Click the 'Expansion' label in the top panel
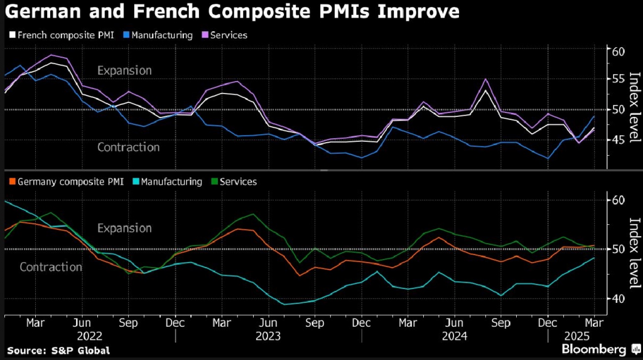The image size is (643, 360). pyautogui.click(x=124, y=70)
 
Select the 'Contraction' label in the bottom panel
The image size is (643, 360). pyautogui.click(x=51, y=267)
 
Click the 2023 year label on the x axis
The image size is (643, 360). pyautogui.click(x=268, y=336)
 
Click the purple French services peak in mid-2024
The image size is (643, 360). pyautogui.click(x=485, y=79)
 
